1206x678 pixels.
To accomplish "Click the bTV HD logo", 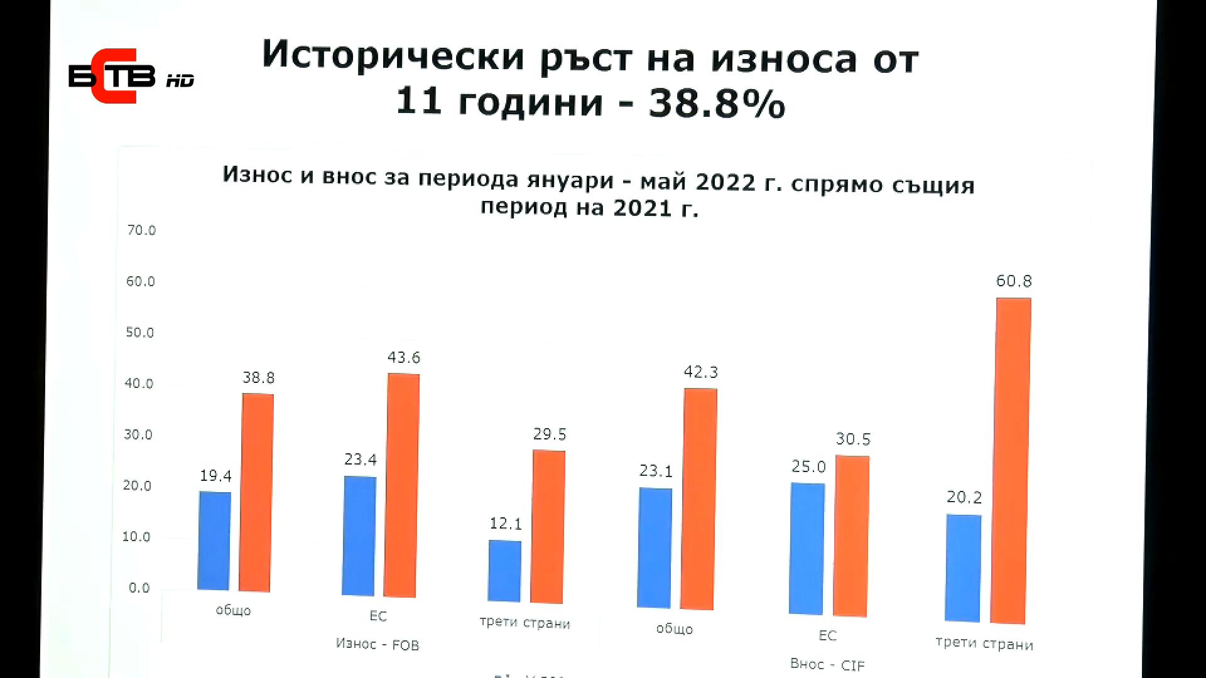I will tap(131, 76).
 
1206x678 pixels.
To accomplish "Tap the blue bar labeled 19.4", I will tap(214, 541).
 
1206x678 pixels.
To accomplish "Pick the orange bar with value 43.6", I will tap(402, 485).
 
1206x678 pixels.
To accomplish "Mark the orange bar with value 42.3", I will tap(698, 498).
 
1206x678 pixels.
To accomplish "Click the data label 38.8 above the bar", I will tap(258, 378).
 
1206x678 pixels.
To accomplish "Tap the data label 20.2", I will tap(964, 497).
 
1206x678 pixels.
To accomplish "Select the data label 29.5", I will tap(550, 434).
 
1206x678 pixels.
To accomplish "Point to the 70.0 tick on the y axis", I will tap(141, 230).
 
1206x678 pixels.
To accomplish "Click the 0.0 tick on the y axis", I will tap(139, 588).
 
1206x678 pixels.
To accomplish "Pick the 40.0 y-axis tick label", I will tap(139, 384).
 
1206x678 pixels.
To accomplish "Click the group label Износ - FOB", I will tap(377, 644).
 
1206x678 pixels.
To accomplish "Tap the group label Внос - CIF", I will tap(827, 664).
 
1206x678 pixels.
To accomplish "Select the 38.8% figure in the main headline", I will tap(717, 103).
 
